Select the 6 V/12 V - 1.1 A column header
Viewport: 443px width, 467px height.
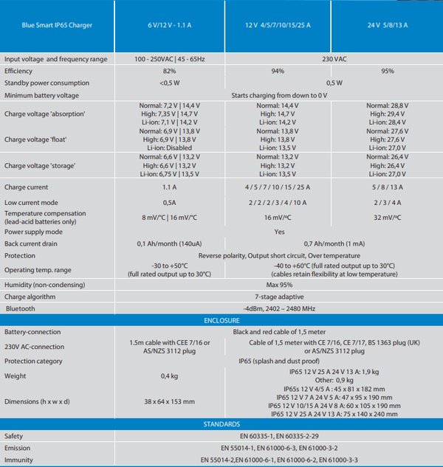point(169,25)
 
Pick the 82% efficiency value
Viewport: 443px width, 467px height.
point(169,70)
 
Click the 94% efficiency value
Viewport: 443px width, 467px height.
point(278,70)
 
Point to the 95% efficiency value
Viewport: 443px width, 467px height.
point(386,70)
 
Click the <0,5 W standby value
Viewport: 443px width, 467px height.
point(169,83)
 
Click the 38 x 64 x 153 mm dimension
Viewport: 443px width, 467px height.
point(169,401)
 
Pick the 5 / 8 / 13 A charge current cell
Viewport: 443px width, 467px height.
point(386,188)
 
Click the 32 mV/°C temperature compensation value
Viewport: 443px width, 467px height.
point(386,218)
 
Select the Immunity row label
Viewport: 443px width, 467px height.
point(20,460)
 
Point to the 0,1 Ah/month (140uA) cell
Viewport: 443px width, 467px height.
point(169,243)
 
